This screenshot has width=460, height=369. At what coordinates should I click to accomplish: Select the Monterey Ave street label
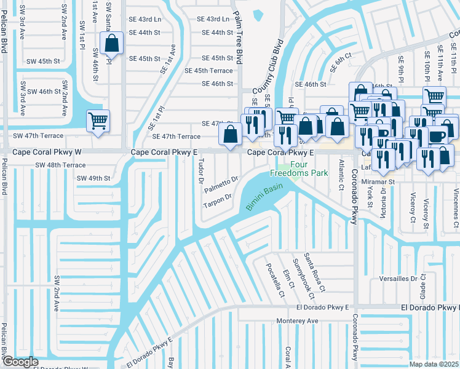tap(298, 320)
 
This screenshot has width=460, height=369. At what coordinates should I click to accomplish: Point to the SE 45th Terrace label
tap(209, 71)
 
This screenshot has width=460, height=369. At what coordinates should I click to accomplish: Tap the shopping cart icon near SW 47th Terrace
tap(98, 121)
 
